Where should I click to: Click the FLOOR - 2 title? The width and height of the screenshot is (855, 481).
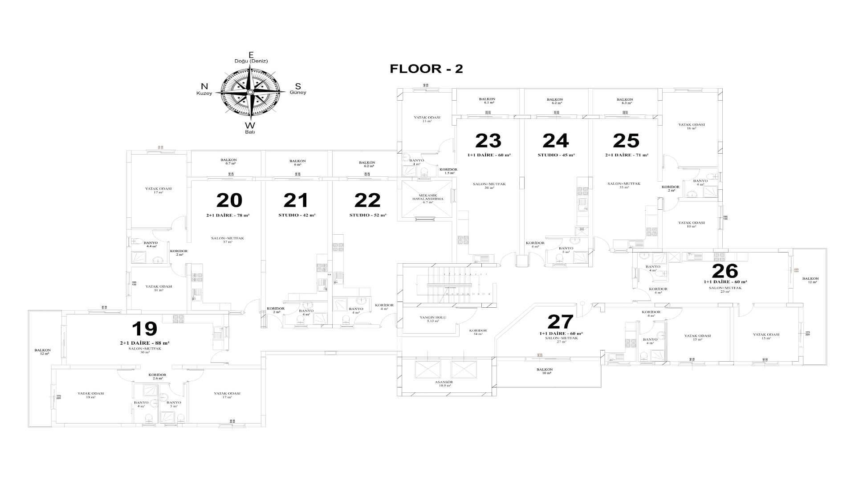(x=426, y=69)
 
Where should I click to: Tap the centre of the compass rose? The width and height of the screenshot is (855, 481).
(x=250, y=92)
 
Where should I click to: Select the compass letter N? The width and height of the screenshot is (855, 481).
(x=204, y=86)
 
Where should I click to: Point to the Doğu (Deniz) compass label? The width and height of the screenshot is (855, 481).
(x=251, y=61)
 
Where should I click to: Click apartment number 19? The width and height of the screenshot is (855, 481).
(x=144, y=329)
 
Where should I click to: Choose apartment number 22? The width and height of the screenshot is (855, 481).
(x=367, y=200)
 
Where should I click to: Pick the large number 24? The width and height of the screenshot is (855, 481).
(x=555, y=141)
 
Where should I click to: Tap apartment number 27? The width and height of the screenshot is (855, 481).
(x=560, y=322)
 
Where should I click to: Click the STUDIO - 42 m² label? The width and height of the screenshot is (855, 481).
(x=297, y=215)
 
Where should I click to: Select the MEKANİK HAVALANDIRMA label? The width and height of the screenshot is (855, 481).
(x=427, y=197)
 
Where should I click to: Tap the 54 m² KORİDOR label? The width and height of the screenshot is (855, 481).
(x=478, y=331)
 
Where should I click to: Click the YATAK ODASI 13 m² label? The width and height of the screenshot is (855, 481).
(x=427, y=119)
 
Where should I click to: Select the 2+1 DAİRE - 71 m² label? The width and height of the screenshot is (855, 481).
(x=627, y=155)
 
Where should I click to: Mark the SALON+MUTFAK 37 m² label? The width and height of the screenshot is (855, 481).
(x=227, y=240)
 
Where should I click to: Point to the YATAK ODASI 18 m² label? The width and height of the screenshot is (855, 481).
(x=90, y=395)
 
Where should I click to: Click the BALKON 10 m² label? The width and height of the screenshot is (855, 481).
(x=544, y=371)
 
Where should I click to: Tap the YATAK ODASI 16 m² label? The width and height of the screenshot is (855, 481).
(x=691, y=126)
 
